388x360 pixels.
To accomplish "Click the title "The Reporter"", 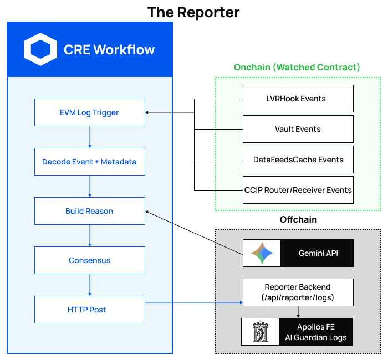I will coord(193,12).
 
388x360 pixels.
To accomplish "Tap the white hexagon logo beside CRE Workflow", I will coord(40,49).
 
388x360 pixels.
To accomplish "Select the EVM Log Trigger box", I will coord(89,112).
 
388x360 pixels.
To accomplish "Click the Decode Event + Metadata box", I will coord(89,162).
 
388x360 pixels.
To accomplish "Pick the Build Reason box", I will coord(89,211).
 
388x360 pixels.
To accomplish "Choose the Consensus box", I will coord(89,260).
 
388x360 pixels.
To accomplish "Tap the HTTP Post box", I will coord(89,310).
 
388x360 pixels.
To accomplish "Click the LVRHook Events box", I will coord(298,99).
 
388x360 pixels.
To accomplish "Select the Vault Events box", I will coord(298,129).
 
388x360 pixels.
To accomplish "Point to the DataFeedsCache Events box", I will coord(298,160).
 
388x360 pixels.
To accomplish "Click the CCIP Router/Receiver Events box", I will coord(298,190).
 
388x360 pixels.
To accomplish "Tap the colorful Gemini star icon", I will coord(262,253).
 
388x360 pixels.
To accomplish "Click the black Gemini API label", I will coord(316,253).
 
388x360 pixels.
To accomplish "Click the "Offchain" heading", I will coord(298,220).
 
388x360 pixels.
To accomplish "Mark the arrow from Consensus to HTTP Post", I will coord(89,285).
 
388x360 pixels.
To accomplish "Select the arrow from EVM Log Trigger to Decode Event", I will coord(89,137).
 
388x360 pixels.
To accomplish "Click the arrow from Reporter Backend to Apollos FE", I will coord(298,312).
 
